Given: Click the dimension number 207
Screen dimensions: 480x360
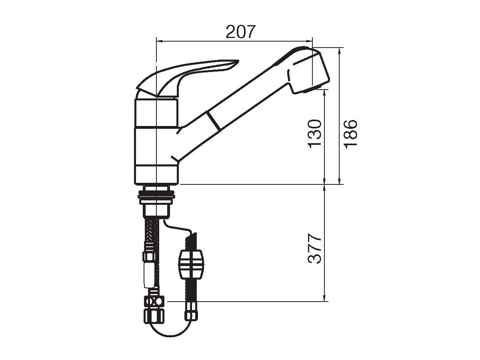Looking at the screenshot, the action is tap(240, 32).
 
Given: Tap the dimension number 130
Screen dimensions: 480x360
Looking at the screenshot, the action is tap(314, 134).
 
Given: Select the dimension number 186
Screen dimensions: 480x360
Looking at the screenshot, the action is tap(351, 134).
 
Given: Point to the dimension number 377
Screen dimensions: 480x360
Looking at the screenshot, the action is tap(314, 249).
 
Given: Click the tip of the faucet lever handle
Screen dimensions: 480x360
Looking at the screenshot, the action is tap(238, 61).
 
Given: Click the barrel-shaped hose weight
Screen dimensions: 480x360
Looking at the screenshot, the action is tap(191, 265).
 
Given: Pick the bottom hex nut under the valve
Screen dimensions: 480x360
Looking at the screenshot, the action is tap(154, 315).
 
